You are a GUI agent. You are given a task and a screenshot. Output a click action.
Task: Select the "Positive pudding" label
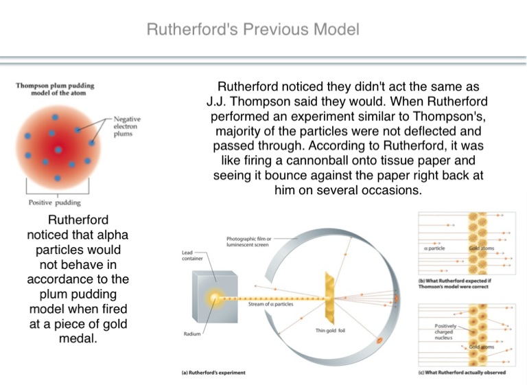(54, 202)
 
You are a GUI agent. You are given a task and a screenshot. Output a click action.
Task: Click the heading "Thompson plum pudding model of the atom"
(55, 89)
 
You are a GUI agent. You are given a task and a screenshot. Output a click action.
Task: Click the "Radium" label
(192, 334)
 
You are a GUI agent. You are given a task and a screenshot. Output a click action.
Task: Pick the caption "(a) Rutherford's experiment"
(208, 373)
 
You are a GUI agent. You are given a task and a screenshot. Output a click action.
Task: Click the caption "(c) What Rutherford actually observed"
(461, 373)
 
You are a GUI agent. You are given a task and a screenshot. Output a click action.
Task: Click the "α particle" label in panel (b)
(433, 248)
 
